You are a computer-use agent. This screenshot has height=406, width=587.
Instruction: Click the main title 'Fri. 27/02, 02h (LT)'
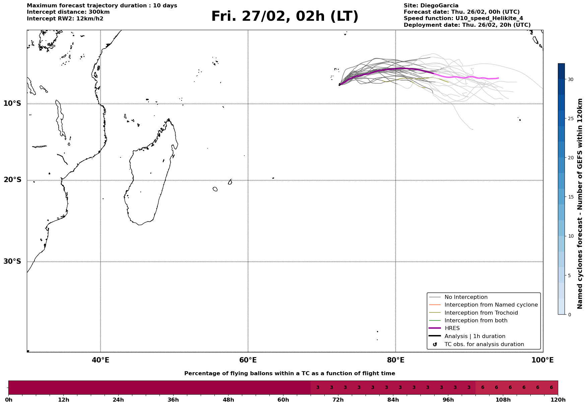tap(284, 16)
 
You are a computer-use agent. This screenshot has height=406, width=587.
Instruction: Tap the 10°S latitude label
tap(12, 103)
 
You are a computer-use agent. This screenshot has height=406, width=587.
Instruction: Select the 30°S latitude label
tap(12, 261)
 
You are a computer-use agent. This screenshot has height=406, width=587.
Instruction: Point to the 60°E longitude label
tap(248, 360)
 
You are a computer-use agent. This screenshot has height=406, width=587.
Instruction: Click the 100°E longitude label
tap(542, 360)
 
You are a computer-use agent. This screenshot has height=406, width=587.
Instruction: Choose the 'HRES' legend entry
tap(452, 328)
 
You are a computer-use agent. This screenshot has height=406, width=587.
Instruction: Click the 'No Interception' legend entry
tap(466, 297)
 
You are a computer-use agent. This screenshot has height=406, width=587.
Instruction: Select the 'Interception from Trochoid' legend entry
tap(481, 313)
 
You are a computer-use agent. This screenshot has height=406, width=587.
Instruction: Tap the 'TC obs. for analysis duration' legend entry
tap(484, 344)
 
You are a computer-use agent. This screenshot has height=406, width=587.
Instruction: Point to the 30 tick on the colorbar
tap(570, 79)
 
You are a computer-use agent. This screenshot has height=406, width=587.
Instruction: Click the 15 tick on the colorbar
tap(570, 197)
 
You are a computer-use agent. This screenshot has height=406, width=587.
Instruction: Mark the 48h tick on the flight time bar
tap(228, 400)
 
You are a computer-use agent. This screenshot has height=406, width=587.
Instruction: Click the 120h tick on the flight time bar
tap(558, 400)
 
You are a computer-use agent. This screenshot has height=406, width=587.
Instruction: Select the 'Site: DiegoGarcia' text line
tap(431, 6)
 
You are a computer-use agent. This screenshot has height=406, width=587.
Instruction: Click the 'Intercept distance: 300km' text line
tap(68, 12)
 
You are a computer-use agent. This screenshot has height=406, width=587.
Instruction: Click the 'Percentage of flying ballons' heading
tap(289, 374)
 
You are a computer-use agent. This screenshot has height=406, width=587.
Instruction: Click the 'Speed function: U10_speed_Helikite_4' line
tap(463, 18)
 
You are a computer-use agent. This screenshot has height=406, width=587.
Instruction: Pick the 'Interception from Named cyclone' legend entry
tap(491, 305)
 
